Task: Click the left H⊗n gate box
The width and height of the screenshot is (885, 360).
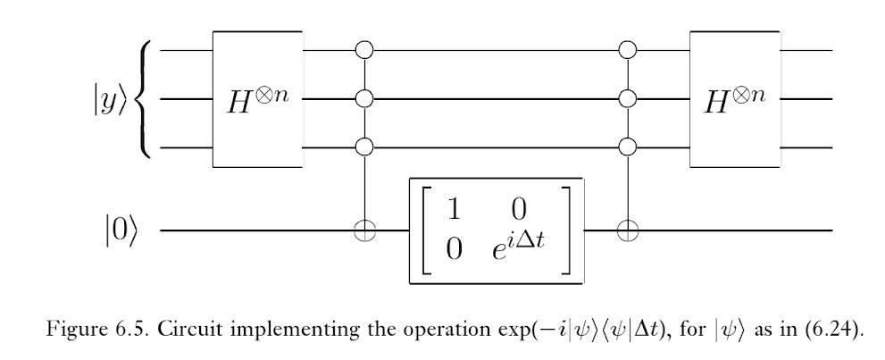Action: coord(257,98)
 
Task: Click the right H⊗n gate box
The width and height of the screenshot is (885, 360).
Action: coord(735,98)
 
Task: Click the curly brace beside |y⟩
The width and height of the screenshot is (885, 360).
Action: coord(146,98)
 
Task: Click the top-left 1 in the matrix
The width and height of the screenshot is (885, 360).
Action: coord(453,211)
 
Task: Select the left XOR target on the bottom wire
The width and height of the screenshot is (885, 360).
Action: coord(363,230)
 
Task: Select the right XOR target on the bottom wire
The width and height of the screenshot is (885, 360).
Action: coord(628,230)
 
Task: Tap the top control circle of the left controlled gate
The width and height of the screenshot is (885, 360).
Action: coord(363,49)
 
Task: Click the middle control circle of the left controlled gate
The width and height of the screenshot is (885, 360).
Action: coord(363,97)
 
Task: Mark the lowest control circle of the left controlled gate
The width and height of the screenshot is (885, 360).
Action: coord(363,146)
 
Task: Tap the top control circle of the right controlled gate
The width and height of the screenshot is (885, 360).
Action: coord(628,49)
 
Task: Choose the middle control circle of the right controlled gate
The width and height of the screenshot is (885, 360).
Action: coord(628,97)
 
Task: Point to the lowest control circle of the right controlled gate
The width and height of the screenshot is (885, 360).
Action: coord(628,146)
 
